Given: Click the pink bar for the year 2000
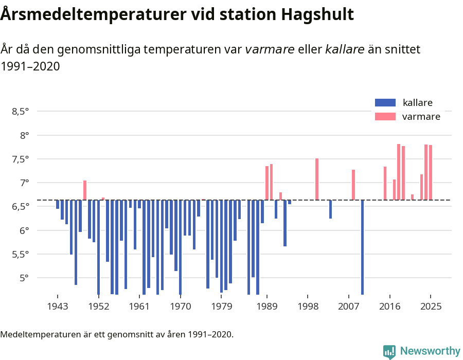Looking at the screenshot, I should [317, 179].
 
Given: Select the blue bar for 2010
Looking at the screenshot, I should [363, 247].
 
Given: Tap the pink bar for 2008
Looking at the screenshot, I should [353, 185].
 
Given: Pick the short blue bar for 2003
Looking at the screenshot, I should [330, 209].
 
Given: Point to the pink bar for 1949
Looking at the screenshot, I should [85, 190].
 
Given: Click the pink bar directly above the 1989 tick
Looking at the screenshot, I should [267, 183].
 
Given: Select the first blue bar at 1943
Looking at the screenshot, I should [58, 204].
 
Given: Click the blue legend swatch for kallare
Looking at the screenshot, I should [385, 102].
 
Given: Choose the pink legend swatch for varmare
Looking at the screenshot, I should [385, 117].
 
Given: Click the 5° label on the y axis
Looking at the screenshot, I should [24, 278].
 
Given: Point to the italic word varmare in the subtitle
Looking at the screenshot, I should [270, 49].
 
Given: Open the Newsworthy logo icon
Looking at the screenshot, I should [389, 351].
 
